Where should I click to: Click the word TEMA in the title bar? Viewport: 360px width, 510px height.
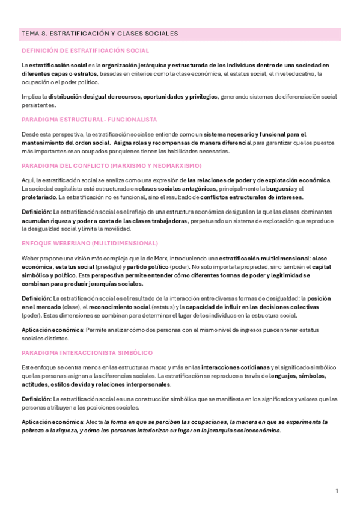(x=29, y=34)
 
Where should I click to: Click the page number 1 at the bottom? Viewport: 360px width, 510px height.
(x=337, y=491)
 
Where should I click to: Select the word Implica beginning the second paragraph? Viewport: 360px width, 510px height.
(x=31, y=96)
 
